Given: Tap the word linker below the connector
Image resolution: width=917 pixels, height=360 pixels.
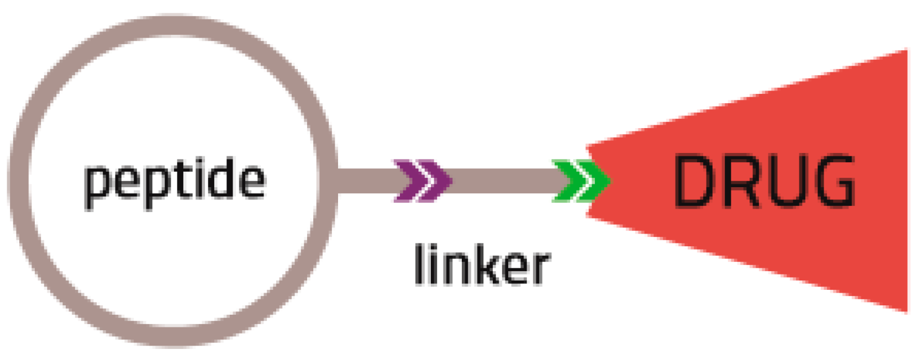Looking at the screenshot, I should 482,265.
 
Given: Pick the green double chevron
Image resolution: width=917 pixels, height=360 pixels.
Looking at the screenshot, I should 580,181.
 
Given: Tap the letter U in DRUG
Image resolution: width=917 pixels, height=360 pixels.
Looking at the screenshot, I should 784,182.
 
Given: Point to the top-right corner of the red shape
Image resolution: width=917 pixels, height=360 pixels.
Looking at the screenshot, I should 905,53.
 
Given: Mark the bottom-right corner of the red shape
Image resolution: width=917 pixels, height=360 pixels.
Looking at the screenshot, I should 905,309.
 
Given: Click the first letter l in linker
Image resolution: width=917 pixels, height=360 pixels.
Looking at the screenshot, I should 419,264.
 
